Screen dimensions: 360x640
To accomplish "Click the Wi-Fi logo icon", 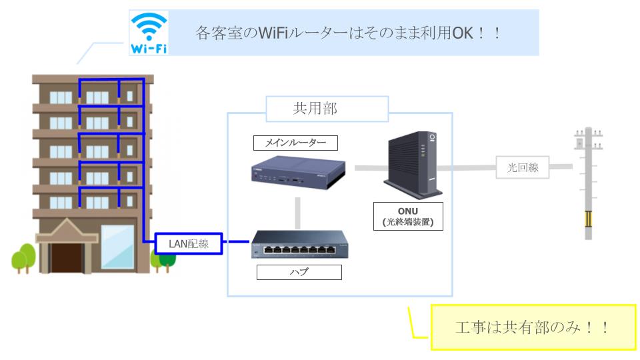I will pyautogui.click(x=149, y=33).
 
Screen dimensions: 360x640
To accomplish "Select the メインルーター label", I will pyautogui.click(x=295, y=143).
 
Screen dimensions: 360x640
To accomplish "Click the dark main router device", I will pyautogui.click(x=297, y=175).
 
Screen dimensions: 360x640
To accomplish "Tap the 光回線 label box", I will pyautogui.click(x=522, y=168).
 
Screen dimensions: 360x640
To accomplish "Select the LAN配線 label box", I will pyautogui.click(x=188, y=243).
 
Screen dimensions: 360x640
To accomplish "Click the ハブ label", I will pyautogui.click(x=298, y=272).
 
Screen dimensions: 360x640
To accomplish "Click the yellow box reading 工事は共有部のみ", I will pyautogui.click(x=533, y=327).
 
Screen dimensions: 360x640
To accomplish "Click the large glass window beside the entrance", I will pyautogui.click(x=117, y=247).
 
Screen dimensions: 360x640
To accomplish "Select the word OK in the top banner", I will pyautogui.click(x=464, y=33).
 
